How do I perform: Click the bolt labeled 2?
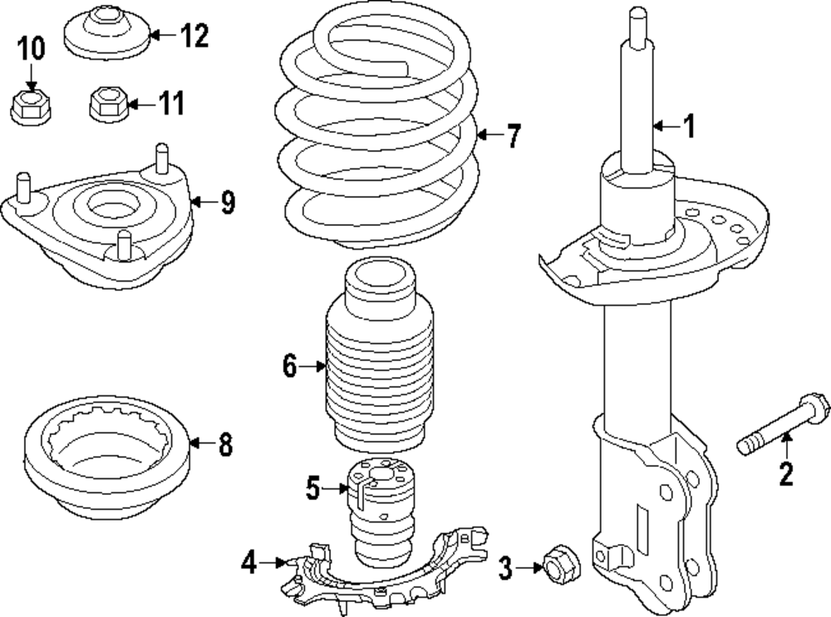click(x=782, y=428)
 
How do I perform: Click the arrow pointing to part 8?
click(x=199, y=444)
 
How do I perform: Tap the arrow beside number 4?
click(x=273, y=564)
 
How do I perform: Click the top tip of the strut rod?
click(x=637, y=12)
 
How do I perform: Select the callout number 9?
click(x=227, y=202)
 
